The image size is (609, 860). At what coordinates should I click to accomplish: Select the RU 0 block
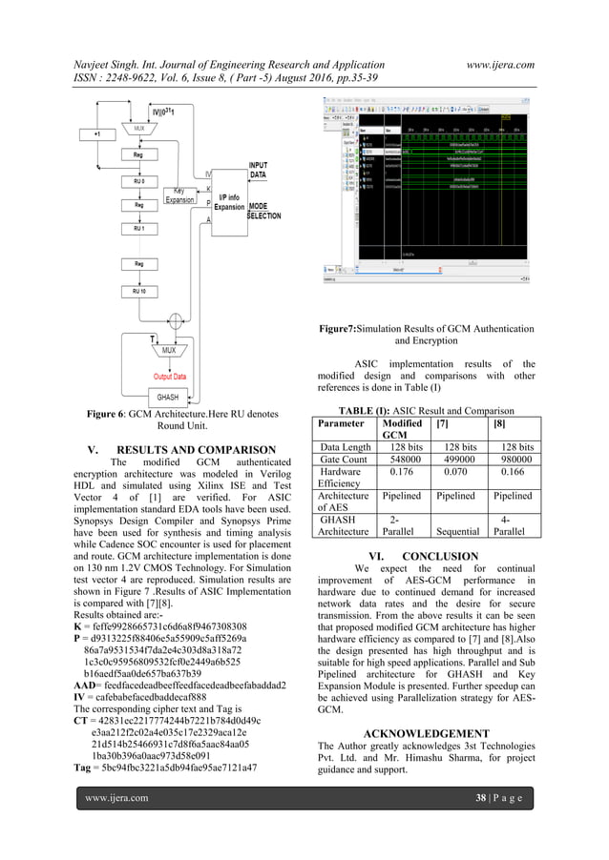[x=139, y=178]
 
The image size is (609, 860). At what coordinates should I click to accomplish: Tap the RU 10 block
[x=139, y=291]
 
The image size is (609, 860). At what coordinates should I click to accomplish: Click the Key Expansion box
[x=179, y=195]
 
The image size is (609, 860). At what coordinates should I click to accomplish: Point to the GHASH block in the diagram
[x=167, y=397]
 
